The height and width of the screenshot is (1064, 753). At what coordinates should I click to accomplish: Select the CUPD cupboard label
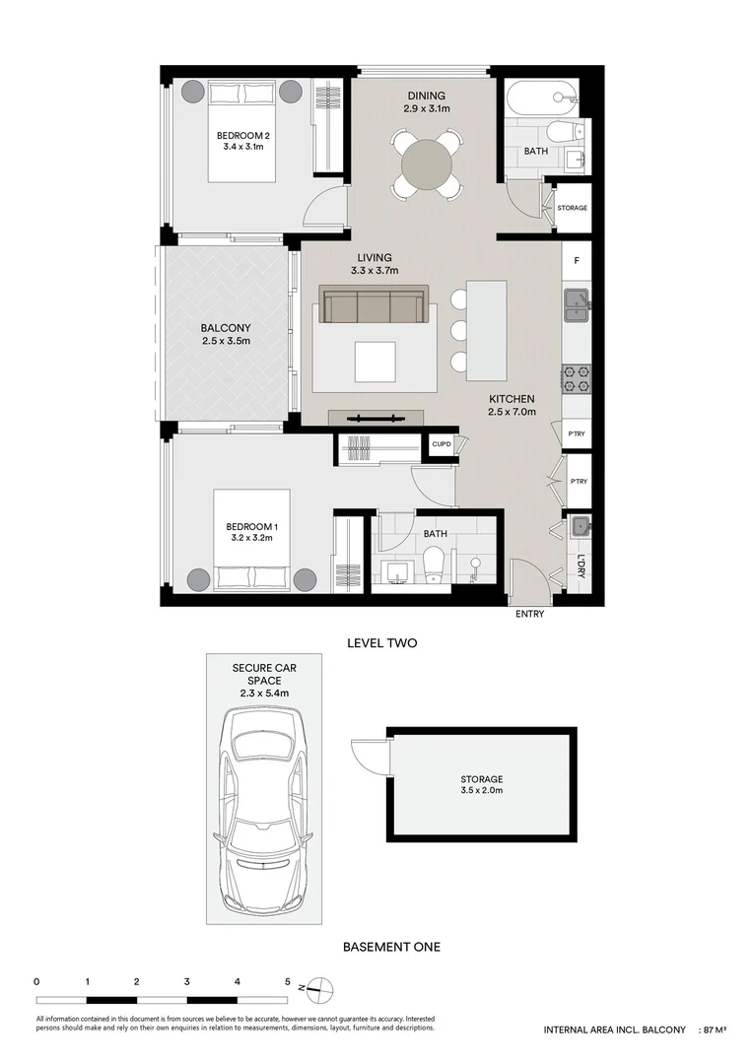pyautogui.click(x=442, y=445)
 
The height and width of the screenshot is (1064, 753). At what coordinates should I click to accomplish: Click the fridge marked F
pyautogui.click(x=577, y=264)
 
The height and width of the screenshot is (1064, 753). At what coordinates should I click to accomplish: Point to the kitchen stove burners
pyautogui.click(x=576, y=377)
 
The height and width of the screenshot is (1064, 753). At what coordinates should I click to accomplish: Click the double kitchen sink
pyautogui.click(x=576, y=304)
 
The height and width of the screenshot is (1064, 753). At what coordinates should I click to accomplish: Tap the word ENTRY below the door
pyautogui.click(x=529, y=615)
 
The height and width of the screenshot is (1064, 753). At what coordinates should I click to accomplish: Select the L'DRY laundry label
pyautogui.click(x=582, y=567)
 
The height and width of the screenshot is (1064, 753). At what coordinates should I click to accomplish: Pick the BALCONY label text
pyautogui.click(x=226, y=328)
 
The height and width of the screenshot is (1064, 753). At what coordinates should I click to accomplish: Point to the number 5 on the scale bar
pyautogui.click(x=287, y=981)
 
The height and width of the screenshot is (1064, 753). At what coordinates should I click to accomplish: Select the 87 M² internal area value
pyautogui.click(x=713, y=1030)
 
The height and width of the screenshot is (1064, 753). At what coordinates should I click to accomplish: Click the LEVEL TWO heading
pyautogui.click(x=382, y=643)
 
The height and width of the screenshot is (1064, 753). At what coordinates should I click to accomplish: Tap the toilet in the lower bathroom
pyautogui.click(x=432, y=565)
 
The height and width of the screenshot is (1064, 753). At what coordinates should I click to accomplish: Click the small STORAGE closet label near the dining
pyautogui.click(x=573, y=209)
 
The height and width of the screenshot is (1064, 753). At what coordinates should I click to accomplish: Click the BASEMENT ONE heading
pyautogui.click(x=391, y=947)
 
